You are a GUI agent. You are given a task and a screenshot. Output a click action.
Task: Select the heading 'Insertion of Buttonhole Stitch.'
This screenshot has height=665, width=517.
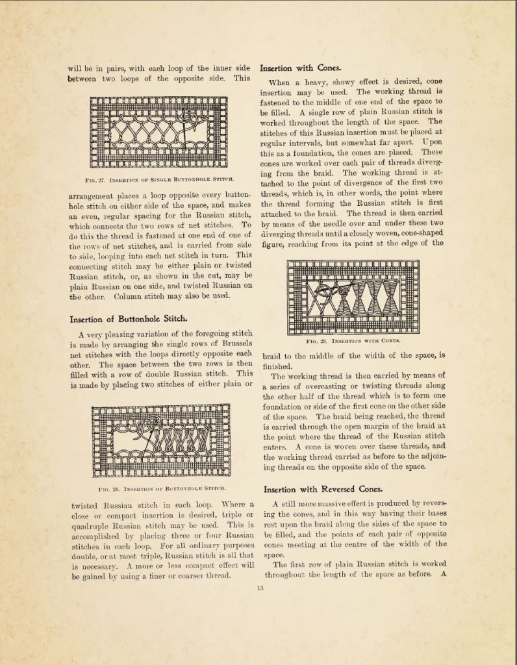pos(129,318)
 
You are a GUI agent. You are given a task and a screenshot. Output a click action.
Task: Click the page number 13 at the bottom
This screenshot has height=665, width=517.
pos(259,589)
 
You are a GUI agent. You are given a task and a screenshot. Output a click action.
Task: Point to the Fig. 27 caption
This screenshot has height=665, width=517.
pos(160,178)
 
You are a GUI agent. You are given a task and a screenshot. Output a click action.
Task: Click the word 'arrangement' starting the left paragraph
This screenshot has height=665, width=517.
pos(95,193)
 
